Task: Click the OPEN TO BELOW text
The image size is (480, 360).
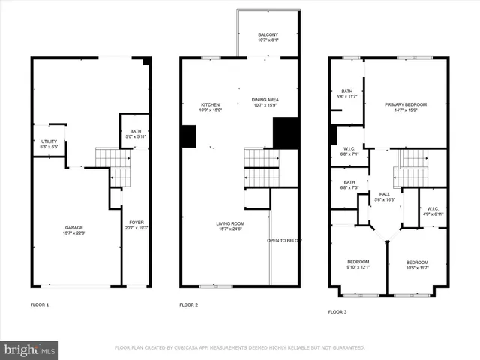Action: click(284, 241)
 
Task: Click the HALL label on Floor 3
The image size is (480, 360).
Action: click(385, 196)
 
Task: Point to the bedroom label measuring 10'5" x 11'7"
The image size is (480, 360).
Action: click(417, 265)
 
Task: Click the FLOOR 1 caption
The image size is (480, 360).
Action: click(40, 305)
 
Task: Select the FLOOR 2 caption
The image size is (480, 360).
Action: click(188, 305)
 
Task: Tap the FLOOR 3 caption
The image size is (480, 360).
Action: click(338, 312)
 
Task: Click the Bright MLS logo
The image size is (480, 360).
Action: click(30, 349)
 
